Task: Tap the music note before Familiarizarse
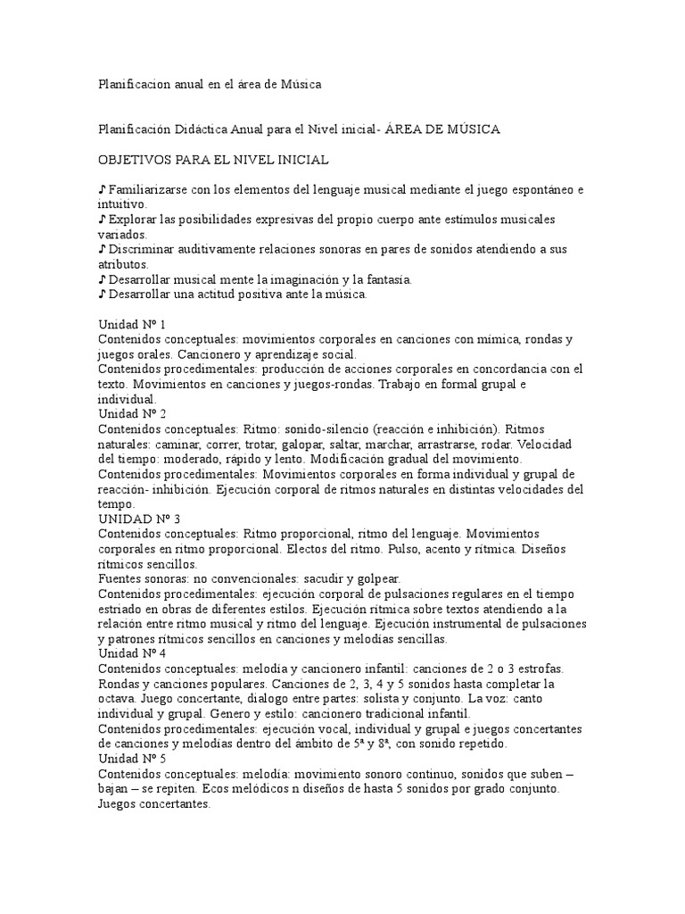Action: tap(102, 190)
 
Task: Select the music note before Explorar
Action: tap(102, 220)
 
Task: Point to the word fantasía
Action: tap(385, 279)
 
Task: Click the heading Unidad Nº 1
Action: tap(131, 325)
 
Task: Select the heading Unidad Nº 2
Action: tap(131, 414)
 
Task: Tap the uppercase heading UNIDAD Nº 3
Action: tap(137, 519)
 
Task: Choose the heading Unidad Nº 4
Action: tap(131, 653)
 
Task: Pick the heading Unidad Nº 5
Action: tap(131, 758)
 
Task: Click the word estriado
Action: tap(120, 609)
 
